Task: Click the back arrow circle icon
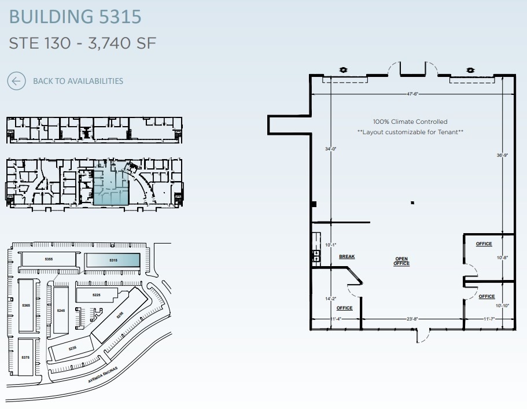(x=16, y=81)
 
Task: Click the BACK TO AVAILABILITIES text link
(x=78, y=81)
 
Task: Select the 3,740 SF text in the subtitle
(x=122, y=43)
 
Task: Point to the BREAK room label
(x=347, y=256)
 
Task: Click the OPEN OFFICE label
(x=401, y=261)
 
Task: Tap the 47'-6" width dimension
(x=411, y=94)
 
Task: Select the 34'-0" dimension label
(x=330, y=149)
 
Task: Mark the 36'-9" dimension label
(x=502, y=155)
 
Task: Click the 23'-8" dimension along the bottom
(x=412, y=319)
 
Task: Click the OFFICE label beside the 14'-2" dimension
(x=345, y=308)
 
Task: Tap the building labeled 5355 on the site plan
(x=49, y=260)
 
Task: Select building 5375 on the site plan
(x=26, y=358)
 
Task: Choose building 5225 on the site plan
(x=97, y=295)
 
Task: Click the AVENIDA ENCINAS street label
(x=103, y=375)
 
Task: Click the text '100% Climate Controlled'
(x=410, y=122)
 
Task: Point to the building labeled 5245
(x=61, y=311)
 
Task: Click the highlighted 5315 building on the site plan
(x=113, y=260)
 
